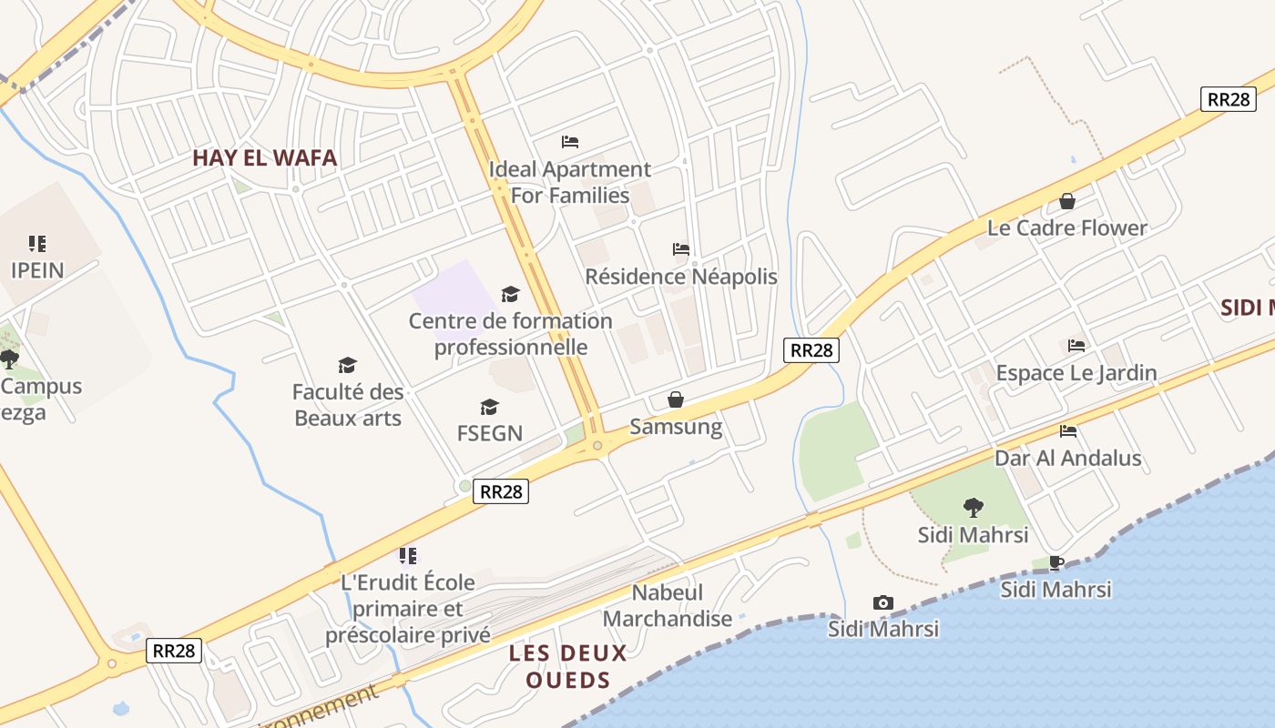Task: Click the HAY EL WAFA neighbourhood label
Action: point(264,158)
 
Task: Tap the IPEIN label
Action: point(37,270)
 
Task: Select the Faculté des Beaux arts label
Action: point(347,405)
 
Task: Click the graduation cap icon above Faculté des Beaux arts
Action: point(347,366)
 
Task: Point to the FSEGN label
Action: point(490,433)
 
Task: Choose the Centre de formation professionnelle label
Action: point(510,334)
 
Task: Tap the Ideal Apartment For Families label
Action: point(570,182)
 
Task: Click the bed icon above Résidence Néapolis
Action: point(681,249)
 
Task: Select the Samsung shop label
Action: point(676,427)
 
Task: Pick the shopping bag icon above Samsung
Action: point(676,399)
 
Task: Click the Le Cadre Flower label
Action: point(1067,227)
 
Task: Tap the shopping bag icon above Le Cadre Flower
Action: point(1067,201)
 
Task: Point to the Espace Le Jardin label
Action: point(1076,372)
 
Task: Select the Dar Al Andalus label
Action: point(1067,458)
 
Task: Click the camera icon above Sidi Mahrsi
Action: point(882,602)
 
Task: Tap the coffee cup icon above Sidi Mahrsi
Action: point(1056,562)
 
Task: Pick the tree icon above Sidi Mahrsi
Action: point(973,508)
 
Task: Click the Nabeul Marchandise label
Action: point(668,606)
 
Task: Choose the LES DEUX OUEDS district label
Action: point(568,666)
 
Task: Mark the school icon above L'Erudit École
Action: point(408,555)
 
